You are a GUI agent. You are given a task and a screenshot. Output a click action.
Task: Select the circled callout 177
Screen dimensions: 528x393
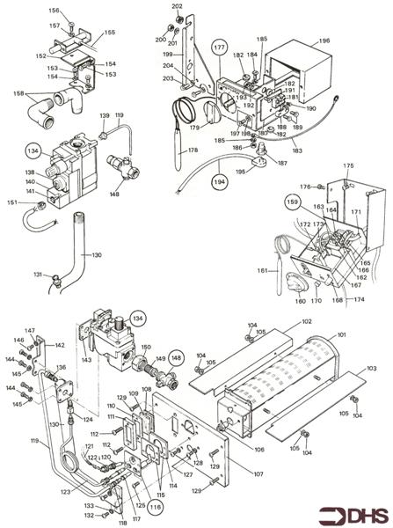point(219,46)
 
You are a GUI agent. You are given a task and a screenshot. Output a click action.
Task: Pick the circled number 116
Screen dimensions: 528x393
point(156,507)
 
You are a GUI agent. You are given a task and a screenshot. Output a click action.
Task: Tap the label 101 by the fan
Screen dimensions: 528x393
point(342,334)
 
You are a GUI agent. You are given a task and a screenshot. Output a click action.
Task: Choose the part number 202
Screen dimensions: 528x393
point(177,7)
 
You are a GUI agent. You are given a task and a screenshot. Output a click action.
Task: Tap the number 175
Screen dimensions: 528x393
point(348,165)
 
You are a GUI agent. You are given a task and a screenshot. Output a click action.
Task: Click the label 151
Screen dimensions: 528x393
point(11,202)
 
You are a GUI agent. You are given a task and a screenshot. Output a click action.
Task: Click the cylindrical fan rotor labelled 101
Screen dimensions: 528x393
point(290,378)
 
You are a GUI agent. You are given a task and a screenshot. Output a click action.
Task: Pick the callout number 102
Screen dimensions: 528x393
point(306,323)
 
